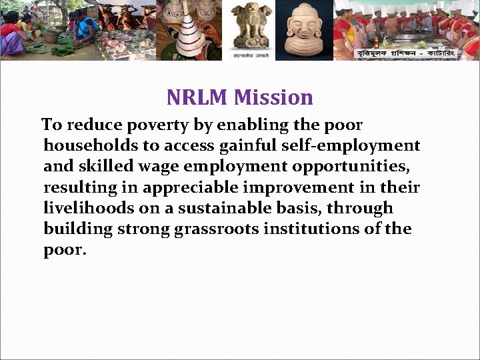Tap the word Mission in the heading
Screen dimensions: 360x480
(x=274, y=98)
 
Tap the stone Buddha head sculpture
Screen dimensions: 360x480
(x=303, y=30)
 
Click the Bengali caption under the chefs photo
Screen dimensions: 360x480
(x=406, y=53)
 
